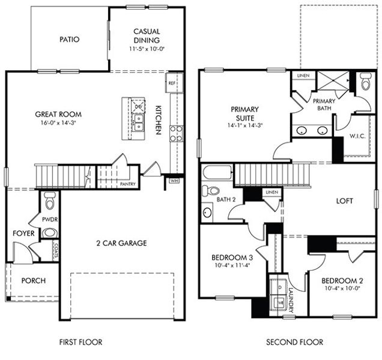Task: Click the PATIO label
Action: pyautogui.click(x=70, y=40)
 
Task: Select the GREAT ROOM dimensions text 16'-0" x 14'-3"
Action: pyautogui.click(x=58, y=122)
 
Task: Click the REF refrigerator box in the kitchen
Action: pyautogui.click(x=172, y=83)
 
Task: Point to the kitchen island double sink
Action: pyautogui.click(x=138, y=123)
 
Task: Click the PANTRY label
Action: pyautogui.click(x=127, y=184)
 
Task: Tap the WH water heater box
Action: pyautogui.click(x=174, y=179)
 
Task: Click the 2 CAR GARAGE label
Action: pyautogui.click(x=121, y=243)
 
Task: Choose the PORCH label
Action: pyautogui.click(x=34, y=281)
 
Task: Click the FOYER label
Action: pyautogui.click(x=23, y=233)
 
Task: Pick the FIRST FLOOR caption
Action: pyautogui.click(x=80, y=343)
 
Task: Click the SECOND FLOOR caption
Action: pyautogui.click(x=294, y=343)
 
